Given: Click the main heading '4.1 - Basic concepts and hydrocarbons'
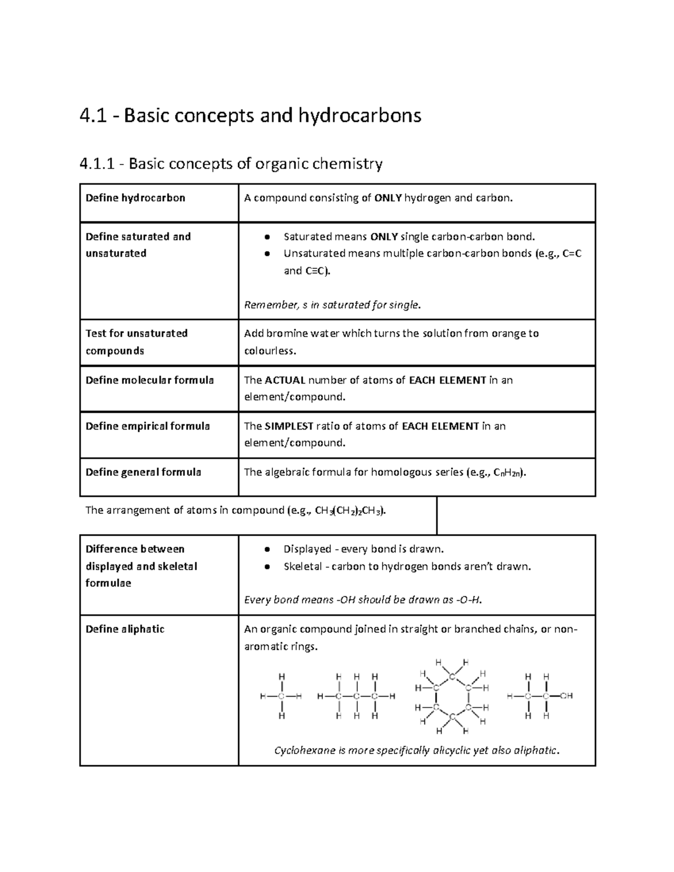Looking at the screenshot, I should (251, 116).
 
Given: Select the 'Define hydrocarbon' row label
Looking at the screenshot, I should (135, 198).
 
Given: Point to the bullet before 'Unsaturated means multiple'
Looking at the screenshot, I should (267, 254).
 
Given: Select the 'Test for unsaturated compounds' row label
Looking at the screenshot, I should (136, 341).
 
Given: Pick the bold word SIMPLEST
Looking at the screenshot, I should (289, 426).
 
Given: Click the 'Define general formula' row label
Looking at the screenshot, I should (143, 472).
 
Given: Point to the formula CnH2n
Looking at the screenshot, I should (508, 473).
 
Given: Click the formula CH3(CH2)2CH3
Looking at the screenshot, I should (350, 511).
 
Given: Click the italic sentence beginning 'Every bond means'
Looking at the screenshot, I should (363, 600).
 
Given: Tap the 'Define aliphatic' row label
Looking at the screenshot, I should (125, 629).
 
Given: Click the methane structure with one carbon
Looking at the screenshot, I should (281, 696).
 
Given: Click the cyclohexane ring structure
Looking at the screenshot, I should (452, 696).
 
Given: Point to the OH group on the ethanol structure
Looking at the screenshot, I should (566, 696).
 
